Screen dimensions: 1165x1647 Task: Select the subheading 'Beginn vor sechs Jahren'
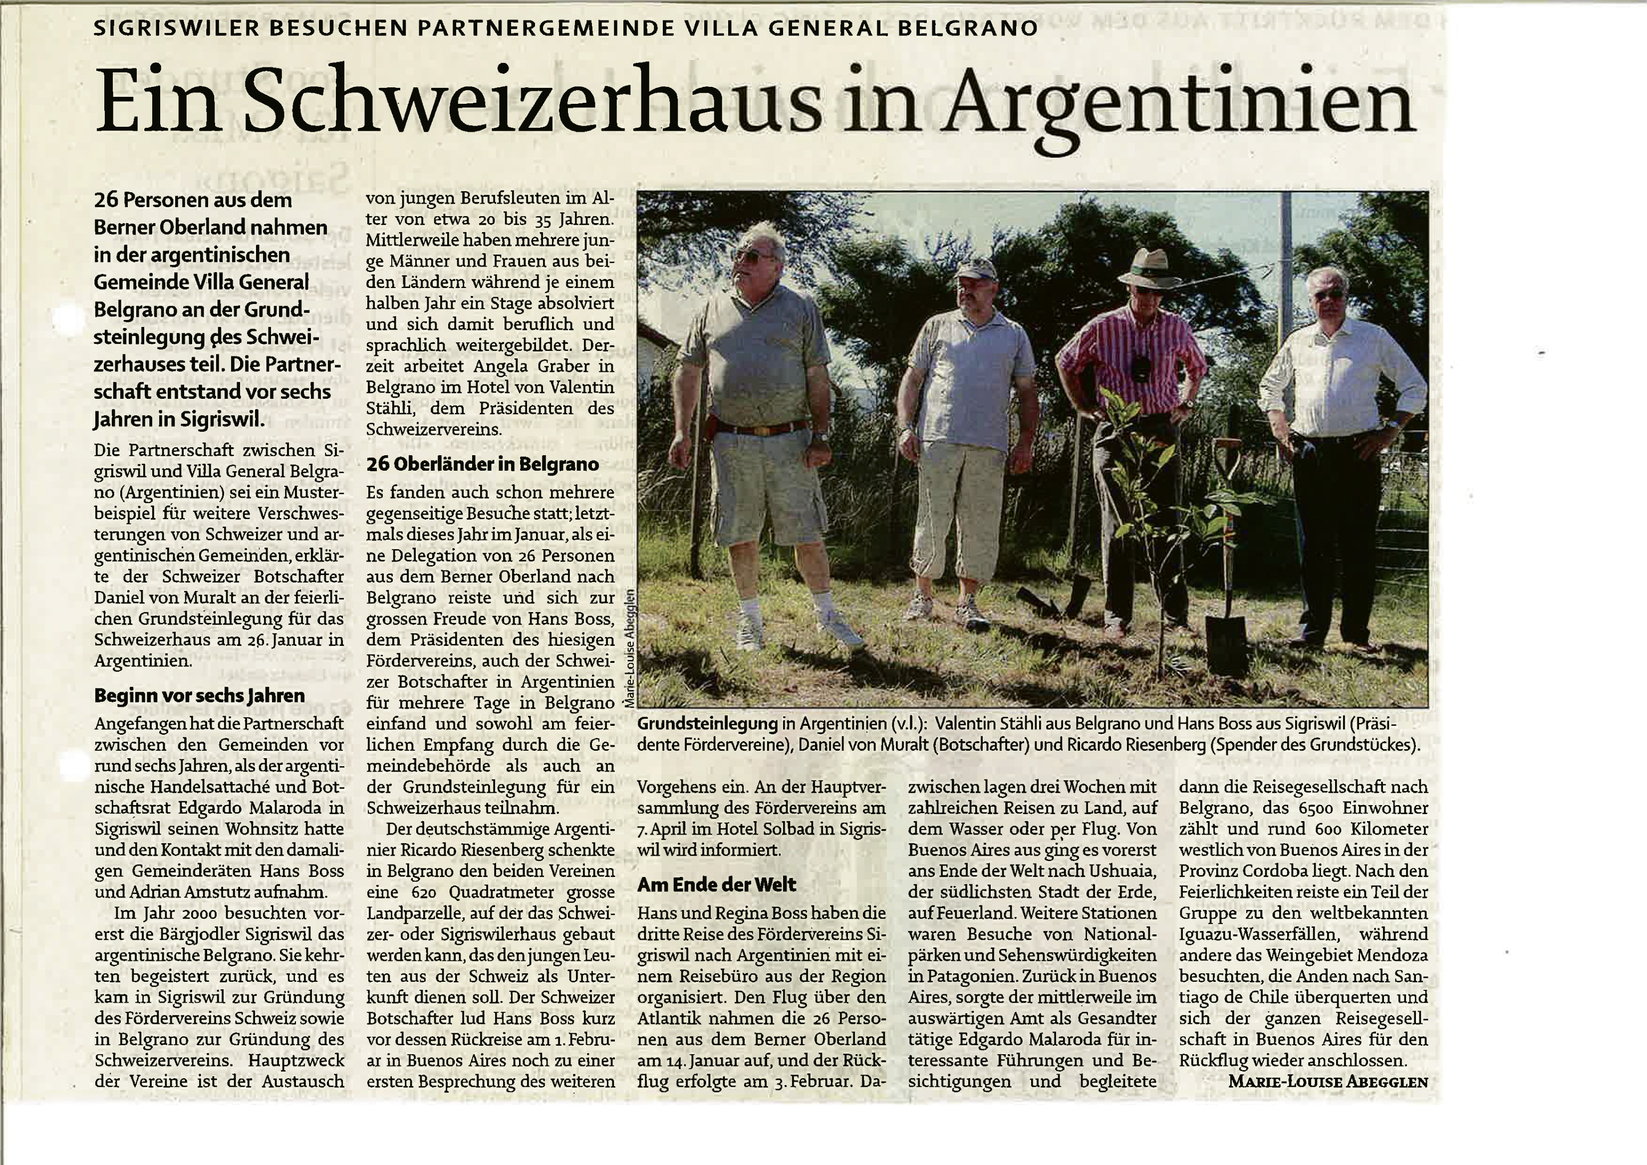click(x=200, y=695)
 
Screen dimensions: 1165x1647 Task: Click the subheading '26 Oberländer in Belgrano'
click(x=482, y=464)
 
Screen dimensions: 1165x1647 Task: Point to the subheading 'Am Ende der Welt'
click(x=717, y=884)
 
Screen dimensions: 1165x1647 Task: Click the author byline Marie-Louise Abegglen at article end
click(x=1328, y=1081)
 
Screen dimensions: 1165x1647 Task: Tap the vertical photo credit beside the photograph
click(x=630, y=650)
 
